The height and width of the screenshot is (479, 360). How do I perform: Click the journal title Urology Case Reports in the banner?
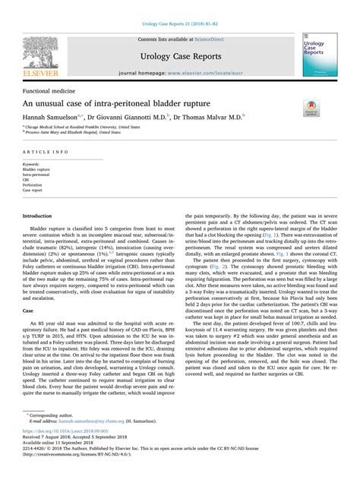(x=178, y=57)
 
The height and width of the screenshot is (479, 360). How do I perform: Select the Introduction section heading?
(x=43, y=216)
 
